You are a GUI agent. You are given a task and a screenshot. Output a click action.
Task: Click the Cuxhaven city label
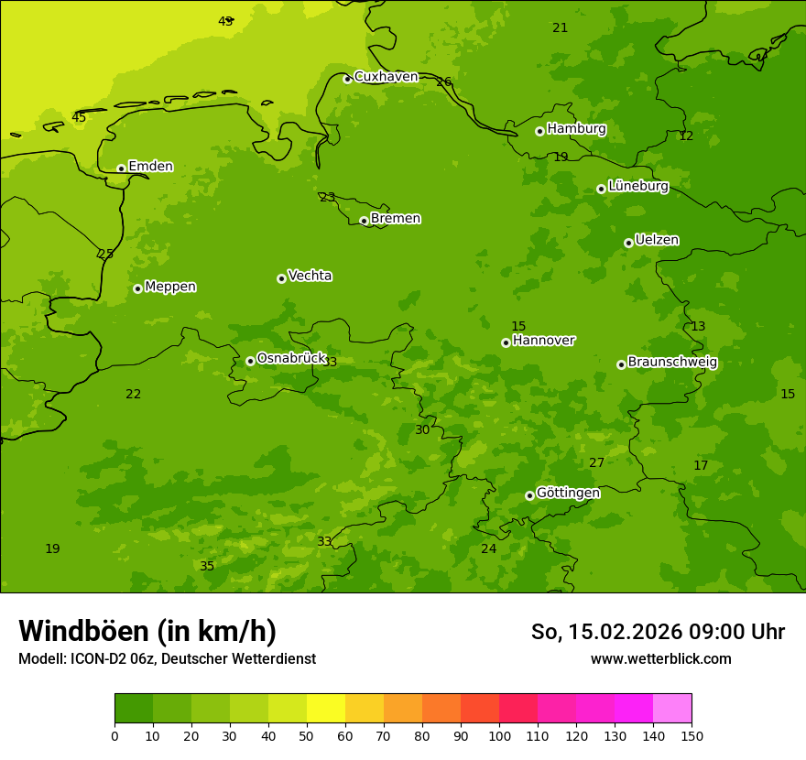pos(386,77)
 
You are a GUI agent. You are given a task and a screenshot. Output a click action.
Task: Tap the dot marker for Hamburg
pos(539,131)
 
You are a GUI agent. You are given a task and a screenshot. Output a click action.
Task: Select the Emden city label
pos(150,167)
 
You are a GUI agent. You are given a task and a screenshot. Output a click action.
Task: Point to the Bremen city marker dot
pos(364,221)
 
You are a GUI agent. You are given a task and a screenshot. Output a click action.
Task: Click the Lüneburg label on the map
pos(637,186)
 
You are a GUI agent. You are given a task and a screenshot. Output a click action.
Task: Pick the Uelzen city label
pos(657,240)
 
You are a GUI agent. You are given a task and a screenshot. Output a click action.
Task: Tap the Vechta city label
pos(310,276)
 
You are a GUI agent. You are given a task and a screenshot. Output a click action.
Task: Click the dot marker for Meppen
pos(137,288)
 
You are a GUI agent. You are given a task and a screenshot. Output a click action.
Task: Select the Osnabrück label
pos(291,358)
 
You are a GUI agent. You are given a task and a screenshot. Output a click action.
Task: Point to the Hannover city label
pos(543,341)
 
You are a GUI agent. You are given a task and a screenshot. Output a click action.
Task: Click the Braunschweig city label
pos(672,363)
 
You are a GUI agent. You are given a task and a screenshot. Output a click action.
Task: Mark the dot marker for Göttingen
pos(529,495)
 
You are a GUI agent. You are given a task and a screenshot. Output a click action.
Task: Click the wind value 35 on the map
pos(207,567)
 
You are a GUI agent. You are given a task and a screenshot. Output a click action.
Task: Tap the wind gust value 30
pos(422,430)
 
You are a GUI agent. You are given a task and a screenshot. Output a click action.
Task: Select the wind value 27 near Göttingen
pos(596,463)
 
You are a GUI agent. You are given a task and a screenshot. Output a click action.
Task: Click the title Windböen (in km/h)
pos(147,631)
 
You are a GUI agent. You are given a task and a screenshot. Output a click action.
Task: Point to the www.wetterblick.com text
pos(660,659)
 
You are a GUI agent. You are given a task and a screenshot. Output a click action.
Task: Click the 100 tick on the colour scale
pos(499,735)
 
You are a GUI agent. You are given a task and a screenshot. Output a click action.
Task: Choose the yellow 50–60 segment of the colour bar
pos(326,708)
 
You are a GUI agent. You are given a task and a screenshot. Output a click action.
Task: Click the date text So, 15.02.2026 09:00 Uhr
pos(658,632)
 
